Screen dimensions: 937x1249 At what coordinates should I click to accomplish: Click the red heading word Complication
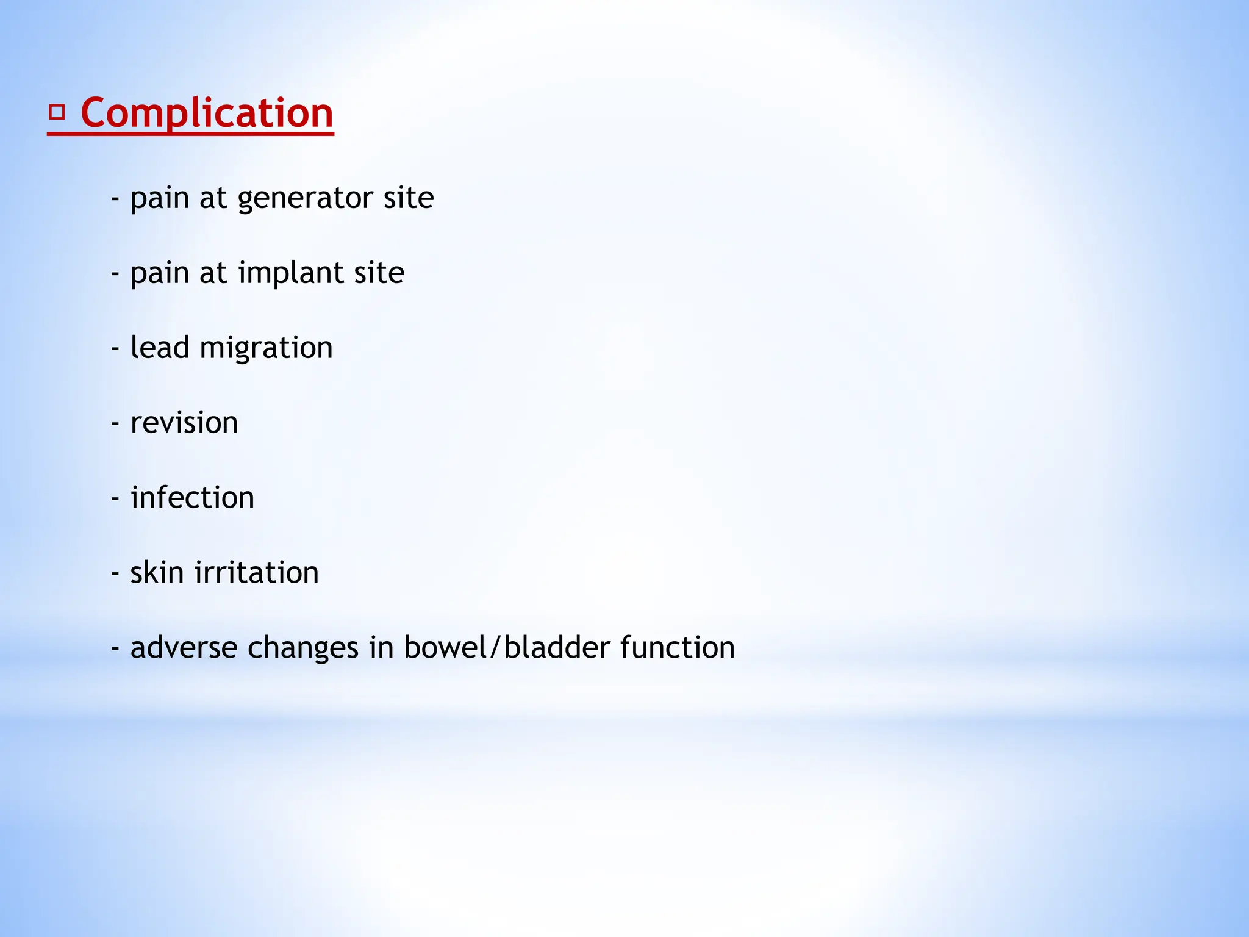207,113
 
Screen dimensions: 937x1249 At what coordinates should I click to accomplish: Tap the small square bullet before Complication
57,112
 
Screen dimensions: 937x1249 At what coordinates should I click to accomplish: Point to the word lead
159,348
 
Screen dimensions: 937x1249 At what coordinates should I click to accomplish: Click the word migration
266,349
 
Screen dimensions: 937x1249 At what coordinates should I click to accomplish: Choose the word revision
184,423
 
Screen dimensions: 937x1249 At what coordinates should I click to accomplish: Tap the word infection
192,498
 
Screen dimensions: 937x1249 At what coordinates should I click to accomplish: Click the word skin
157,572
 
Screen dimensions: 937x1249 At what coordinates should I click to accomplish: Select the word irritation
257,572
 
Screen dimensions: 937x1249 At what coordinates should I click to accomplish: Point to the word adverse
184,648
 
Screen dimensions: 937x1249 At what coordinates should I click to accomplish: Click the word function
677,647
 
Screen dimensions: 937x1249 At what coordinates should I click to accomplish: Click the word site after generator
409,198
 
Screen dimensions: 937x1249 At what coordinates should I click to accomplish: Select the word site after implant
379,273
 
